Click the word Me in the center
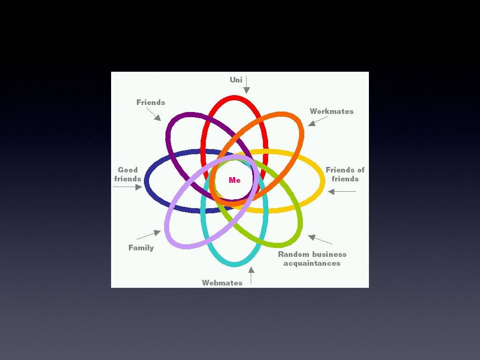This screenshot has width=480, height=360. [x=235, y=180]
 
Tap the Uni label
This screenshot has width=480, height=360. [x=236, y=80]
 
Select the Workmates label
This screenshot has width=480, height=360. [x=331, y=111]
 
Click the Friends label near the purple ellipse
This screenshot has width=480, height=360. [x=150, y=102]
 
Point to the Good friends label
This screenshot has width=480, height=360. [x=127, y=174]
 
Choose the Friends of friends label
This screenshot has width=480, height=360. [x=345, y=174]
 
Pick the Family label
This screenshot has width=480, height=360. [x=141, y=247]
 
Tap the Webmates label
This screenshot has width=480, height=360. [x=222, y=283]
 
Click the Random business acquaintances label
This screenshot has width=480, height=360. [x=312, y=259]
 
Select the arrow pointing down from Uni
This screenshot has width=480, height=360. [x=246, y=85]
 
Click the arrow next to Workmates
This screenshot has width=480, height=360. [x=317, y=121]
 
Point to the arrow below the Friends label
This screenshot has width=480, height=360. [x=153, y=114]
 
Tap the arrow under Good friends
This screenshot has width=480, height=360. [x=127, y=187]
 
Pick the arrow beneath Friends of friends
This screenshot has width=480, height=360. [x=342, y=191]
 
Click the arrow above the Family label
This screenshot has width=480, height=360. [x=149, y=235]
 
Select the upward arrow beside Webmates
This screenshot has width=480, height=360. [x=251, y=275]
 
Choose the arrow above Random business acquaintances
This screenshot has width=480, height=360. [x=320, y=240]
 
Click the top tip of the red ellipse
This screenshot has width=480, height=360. [x=234, y=97]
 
